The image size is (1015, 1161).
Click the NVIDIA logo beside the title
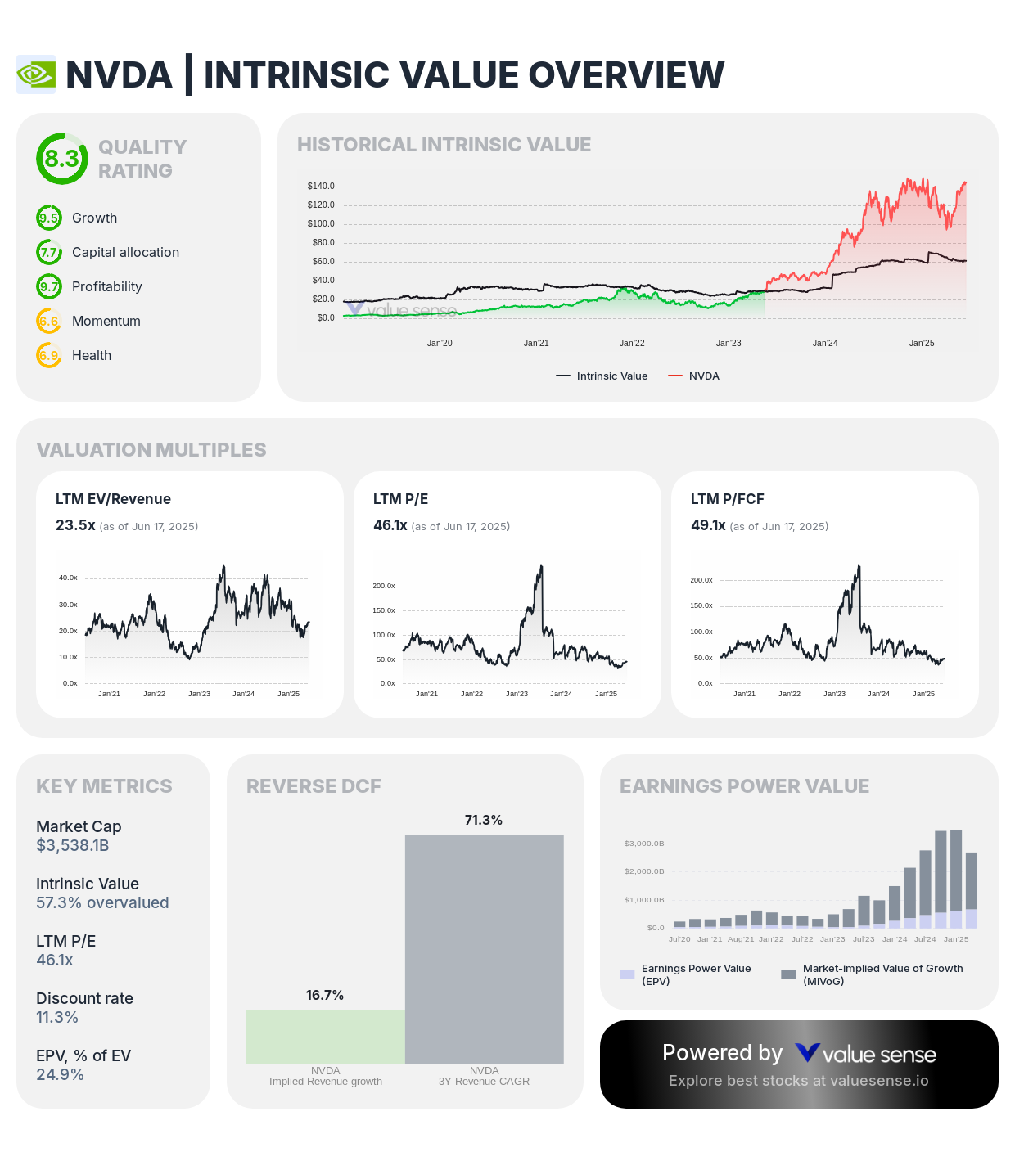[36, 74]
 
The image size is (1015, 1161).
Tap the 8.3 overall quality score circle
[61, 159]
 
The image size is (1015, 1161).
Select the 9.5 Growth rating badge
[49, 218]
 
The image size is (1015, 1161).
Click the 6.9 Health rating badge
[49, 356]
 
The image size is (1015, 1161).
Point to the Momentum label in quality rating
[106, 322]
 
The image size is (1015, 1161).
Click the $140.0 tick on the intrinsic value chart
[321, 187]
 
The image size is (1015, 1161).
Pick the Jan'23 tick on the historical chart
[729, 343]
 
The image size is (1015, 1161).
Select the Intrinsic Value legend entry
[602, 376]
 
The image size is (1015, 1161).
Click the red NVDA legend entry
[694, 376]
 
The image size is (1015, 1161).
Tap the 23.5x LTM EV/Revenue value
[75, 525]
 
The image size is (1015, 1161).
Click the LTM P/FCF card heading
[727, 499]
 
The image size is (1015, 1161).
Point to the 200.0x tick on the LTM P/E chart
[384, 586]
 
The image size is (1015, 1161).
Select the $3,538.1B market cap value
[73, 846]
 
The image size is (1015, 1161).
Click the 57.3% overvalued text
[102, 903]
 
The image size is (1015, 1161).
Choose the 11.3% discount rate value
[57, 1018]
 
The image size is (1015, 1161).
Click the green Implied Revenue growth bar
[326, 1037]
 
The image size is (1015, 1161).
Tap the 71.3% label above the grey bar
[484, 821]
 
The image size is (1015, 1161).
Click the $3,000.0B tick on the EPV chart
[644, 844]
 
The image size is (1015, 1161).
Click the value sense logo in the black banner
[866, 1054]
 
